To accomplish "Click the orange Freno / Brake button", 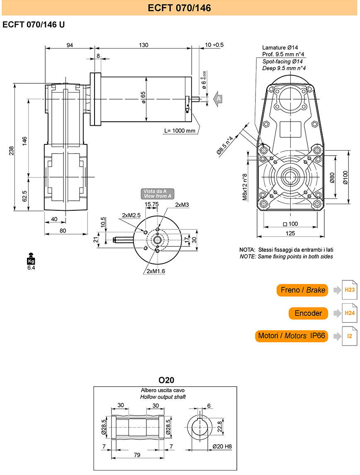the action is coord(302,290).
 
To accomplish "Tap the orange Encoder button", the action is coord(308,313).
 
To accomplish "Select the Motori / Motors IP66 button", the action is coord(292,336).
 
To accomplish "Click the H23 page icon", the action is coord(349,290).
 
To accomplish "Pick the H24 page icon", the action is coord(349,313).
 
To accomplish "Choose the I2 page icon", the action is coord(349,336).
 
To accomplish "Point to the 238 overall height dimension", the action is coord(12,151).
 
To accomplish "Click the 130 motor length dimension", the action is coord(144,45).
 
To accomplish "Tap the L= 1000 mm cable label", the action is coord(180,131).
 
